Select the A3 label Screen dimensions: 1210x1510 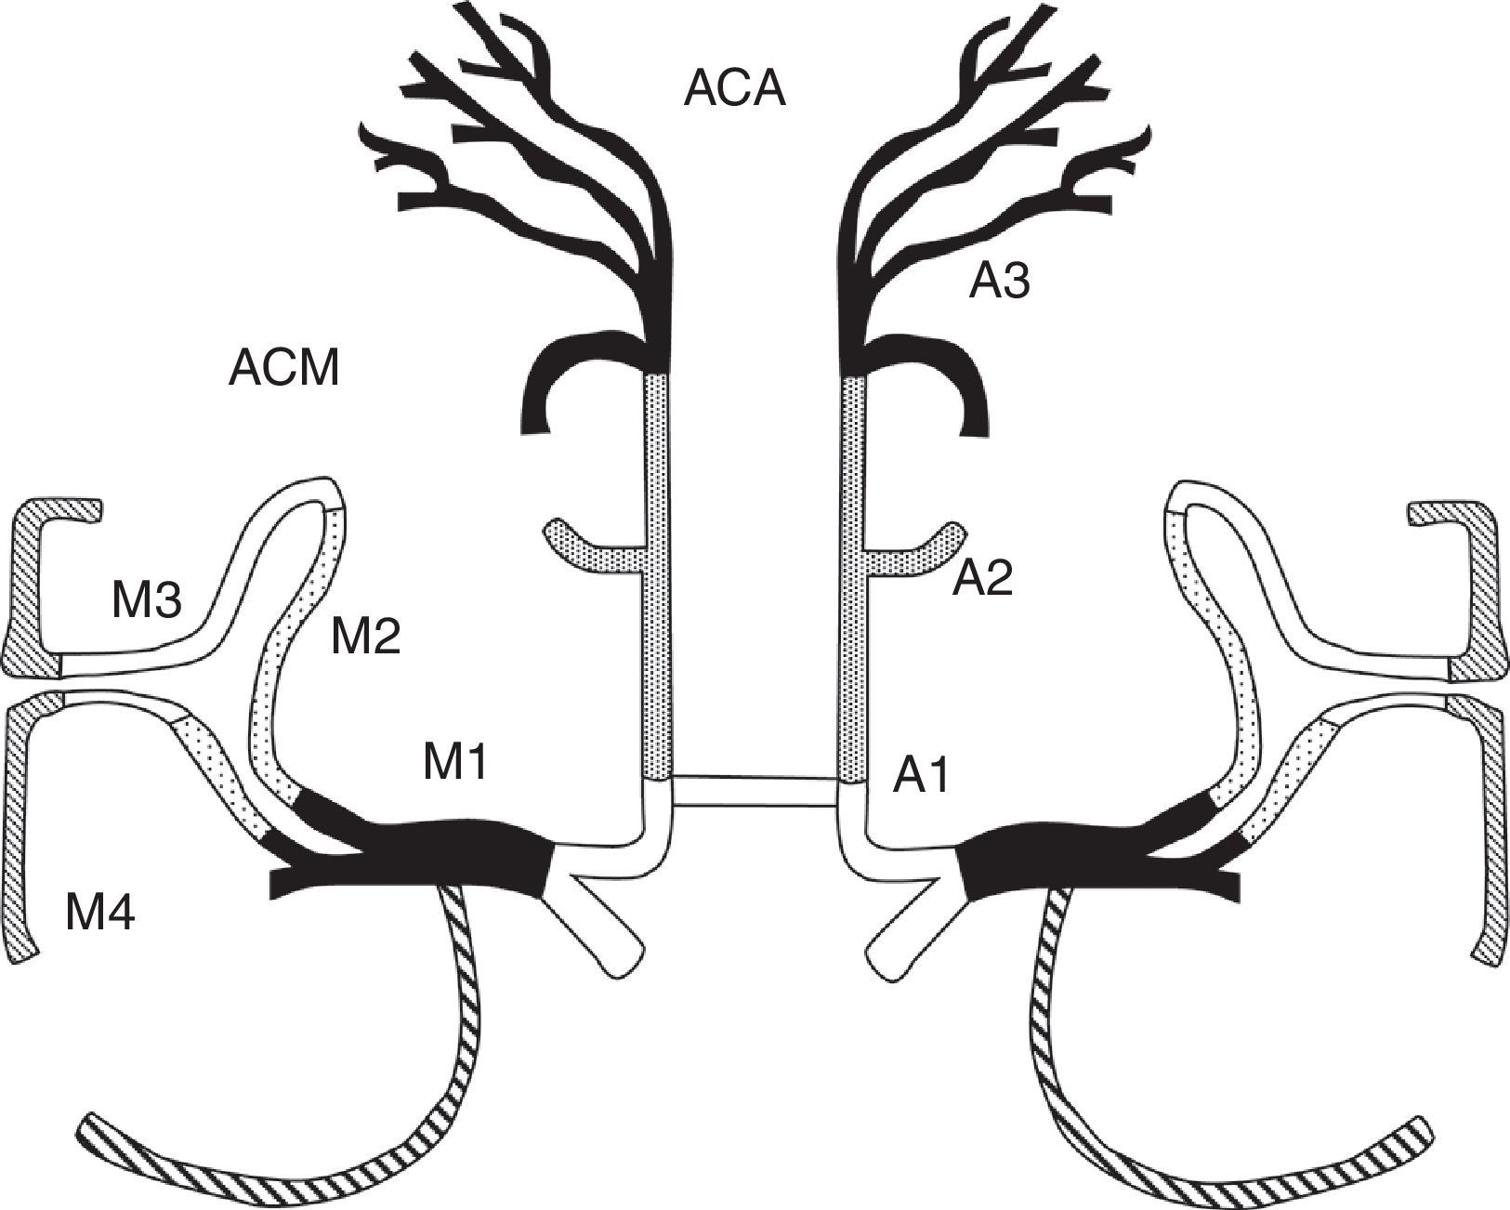tap(999, 280)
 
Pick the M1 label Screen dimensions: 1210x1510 tap(454, 763)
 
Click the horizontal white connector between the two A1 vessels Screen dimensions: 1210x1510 tap(755, 790)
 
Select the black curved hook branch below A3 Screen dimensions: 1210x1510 tap(948, 372)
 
